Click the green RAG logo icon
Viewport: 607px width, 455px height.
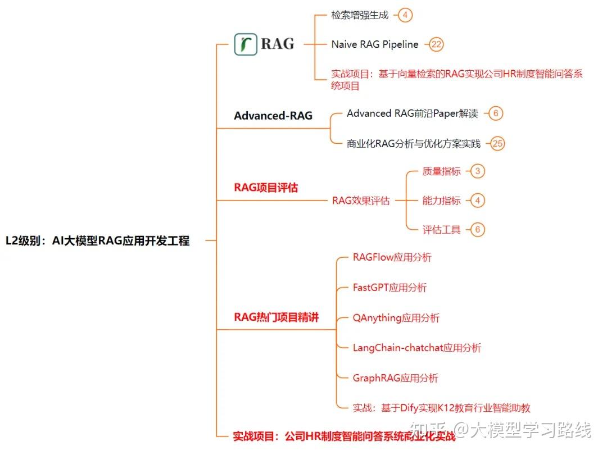(246, 44)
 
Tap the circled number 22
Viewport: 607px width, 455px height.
(437, 44)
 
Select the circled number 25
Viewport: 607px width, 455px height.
(497, 144)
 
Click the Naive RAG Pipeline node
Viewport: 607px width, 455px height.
(375, 44)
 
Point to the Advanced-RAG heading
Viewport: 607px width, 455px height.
(273, 116)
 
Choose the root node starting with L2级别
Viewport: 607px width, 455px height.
(98, 241)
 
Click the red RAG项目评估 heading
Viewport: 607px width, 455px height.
(266, 188)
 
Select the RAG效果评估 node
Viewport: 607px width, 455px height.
(361, 201)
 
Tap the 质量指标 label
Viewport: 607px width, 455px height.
(441, 171)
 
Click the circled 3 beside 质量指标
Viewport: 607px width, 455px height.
(477, 171)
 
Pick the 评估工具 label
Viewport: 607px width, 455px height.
(441, 229)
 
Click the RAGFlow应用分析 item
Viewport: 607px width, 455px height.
(392, 258)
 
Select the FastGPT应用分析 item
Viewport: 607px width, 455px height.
(389, 288)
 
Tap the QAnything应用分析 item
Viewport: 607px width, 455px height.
(396, 318)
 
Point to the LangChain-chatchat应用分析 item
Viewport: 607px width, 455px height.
(416, 348)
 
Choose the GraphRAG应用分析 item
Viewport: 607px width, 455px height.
(395, 378)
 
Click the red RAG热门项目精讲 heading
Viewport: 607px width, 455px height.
(276, 317)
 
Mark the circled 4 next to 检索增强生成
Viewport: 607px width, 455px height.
(405, 15)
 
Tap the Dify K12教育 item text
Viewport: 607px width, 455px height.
(442, 408)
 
